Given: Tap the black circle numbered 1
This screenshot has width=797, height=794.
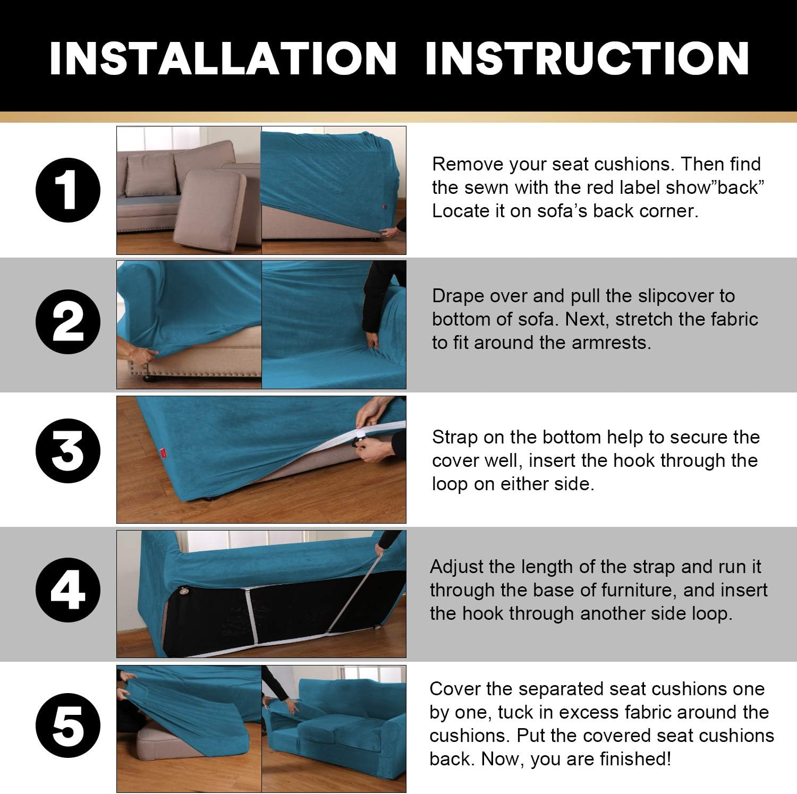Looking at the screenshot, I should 67,191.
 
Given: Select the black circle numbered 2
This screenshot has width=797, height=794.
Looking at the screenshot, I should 67,322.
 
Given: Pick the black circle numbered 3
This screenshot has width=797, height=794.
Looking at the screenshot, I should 67,451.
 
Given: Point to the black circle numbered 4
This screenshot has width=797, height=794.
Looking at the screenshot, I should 67,590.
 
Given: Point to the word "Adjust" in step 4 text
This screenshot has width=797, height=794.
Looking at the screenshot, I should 456,567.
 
